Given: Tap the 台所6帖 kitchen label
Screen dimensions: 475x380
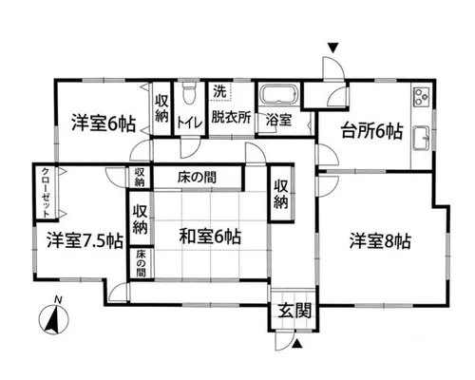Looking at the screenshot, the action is [x=371, y=131].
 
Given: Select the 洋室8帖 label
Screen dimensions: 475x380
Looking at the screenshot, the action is [x=380, y=241].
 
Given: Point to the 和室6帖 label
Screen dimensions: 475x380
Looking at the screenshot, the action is [x=210, y=237].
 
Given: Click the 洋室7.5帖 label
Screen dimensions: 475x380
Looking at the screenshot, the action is [x=85, y=241].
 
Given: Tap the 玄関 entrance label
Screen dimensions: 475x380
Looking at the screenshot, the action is [x=295, y=311].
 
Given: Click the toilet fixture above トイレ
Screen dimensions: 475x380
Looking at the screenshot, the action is [x=190, y=93].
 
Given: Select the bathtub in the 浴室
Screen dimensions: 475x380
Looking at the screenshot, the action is [x=278, y=94].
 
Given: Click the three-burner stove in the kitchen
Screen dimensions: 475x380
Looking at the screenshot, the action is [x=421, y=96].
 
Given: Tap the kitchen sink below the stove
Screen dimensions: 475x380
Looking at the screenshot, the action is [x=422, y=138].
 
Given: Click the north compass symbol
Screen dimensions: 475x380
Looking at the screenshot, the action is [x=53, y=317].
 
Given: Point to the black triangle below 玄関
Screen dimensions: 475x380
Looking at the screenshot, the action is [x=296, y=344].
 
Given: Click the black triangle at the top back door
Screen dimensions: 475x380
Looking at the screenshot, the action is [x=333, y=48].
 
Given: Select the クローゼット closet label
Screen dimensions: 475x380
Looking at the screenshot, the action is [x=46, y=193].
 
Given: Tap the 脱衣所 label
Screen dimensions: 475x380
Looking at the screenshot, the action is [x=231, y=118].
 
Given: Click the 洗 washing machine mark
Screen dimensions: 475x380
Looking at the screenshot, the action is [x=219, y=92].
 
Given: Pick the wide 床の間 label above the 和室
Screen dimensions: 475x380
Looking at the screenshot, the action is [x=197, y=178].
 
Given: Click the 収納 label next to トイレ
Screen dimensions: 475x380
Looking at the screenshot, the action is [x=161, y=109].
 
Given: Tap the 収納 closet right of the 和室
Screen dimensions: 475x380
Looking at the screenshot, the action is [x=281, y=195].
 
